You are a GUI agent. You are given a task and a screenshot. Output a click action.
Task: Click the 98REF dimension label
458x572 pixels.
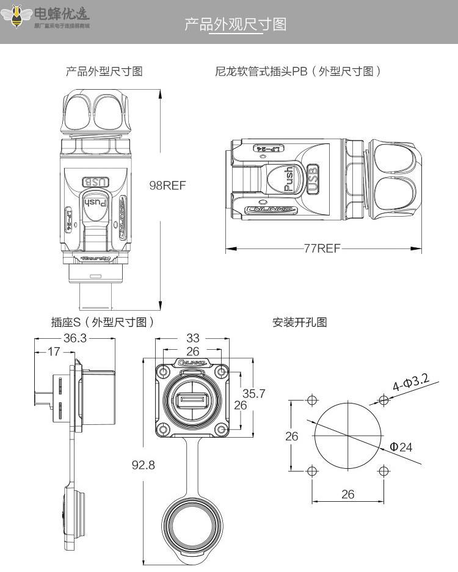[167, 186]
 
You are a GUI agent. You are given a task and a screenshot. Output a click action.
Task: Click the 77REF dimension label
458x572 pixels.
[322, 248]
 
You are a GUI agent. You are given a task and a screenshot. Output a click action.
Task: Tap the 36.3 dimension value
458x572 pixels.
[75, 338]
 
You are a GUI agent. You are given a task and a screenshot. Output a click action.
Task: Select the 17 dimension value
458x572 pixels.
[53, 352]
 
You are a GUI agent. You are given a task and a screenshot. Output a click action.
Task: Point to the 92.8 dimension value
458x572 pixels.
[144, 465]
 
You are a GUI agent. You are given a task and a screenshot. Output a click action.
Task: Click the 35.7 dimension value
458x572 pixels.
[253, 393]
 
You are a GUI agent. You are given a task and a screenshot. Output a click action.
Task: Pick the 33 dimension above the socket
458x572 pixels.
[193, 338]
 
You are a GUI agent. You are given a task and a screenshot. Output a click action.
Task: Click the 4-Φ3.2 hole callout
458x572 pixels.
[410, 383]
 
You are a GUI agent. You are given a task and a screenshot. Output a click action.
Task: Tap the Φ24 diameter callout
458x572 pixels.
[401, 447]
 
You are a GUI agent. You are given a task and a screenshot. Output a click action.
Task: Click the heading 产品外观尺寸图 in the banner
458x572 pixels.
[235, 25]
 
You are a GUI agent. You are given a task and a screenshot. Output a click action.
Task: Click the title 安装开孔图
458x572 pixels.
[300, 322]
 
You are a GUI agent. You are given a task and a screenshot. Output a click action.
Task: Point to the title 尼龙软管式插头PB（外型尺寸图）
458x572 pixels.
[298, 71]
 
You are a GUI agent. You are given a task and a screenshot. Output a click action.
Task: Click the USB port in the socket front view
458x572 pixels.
[192, 401]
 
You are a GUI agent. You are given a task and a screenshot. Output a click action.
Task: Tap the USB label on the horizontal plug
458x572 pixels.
[313, 179]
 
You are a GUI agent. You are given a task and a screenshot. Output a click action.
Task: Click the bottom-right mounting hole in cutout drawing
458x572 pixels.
[383, 471]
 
